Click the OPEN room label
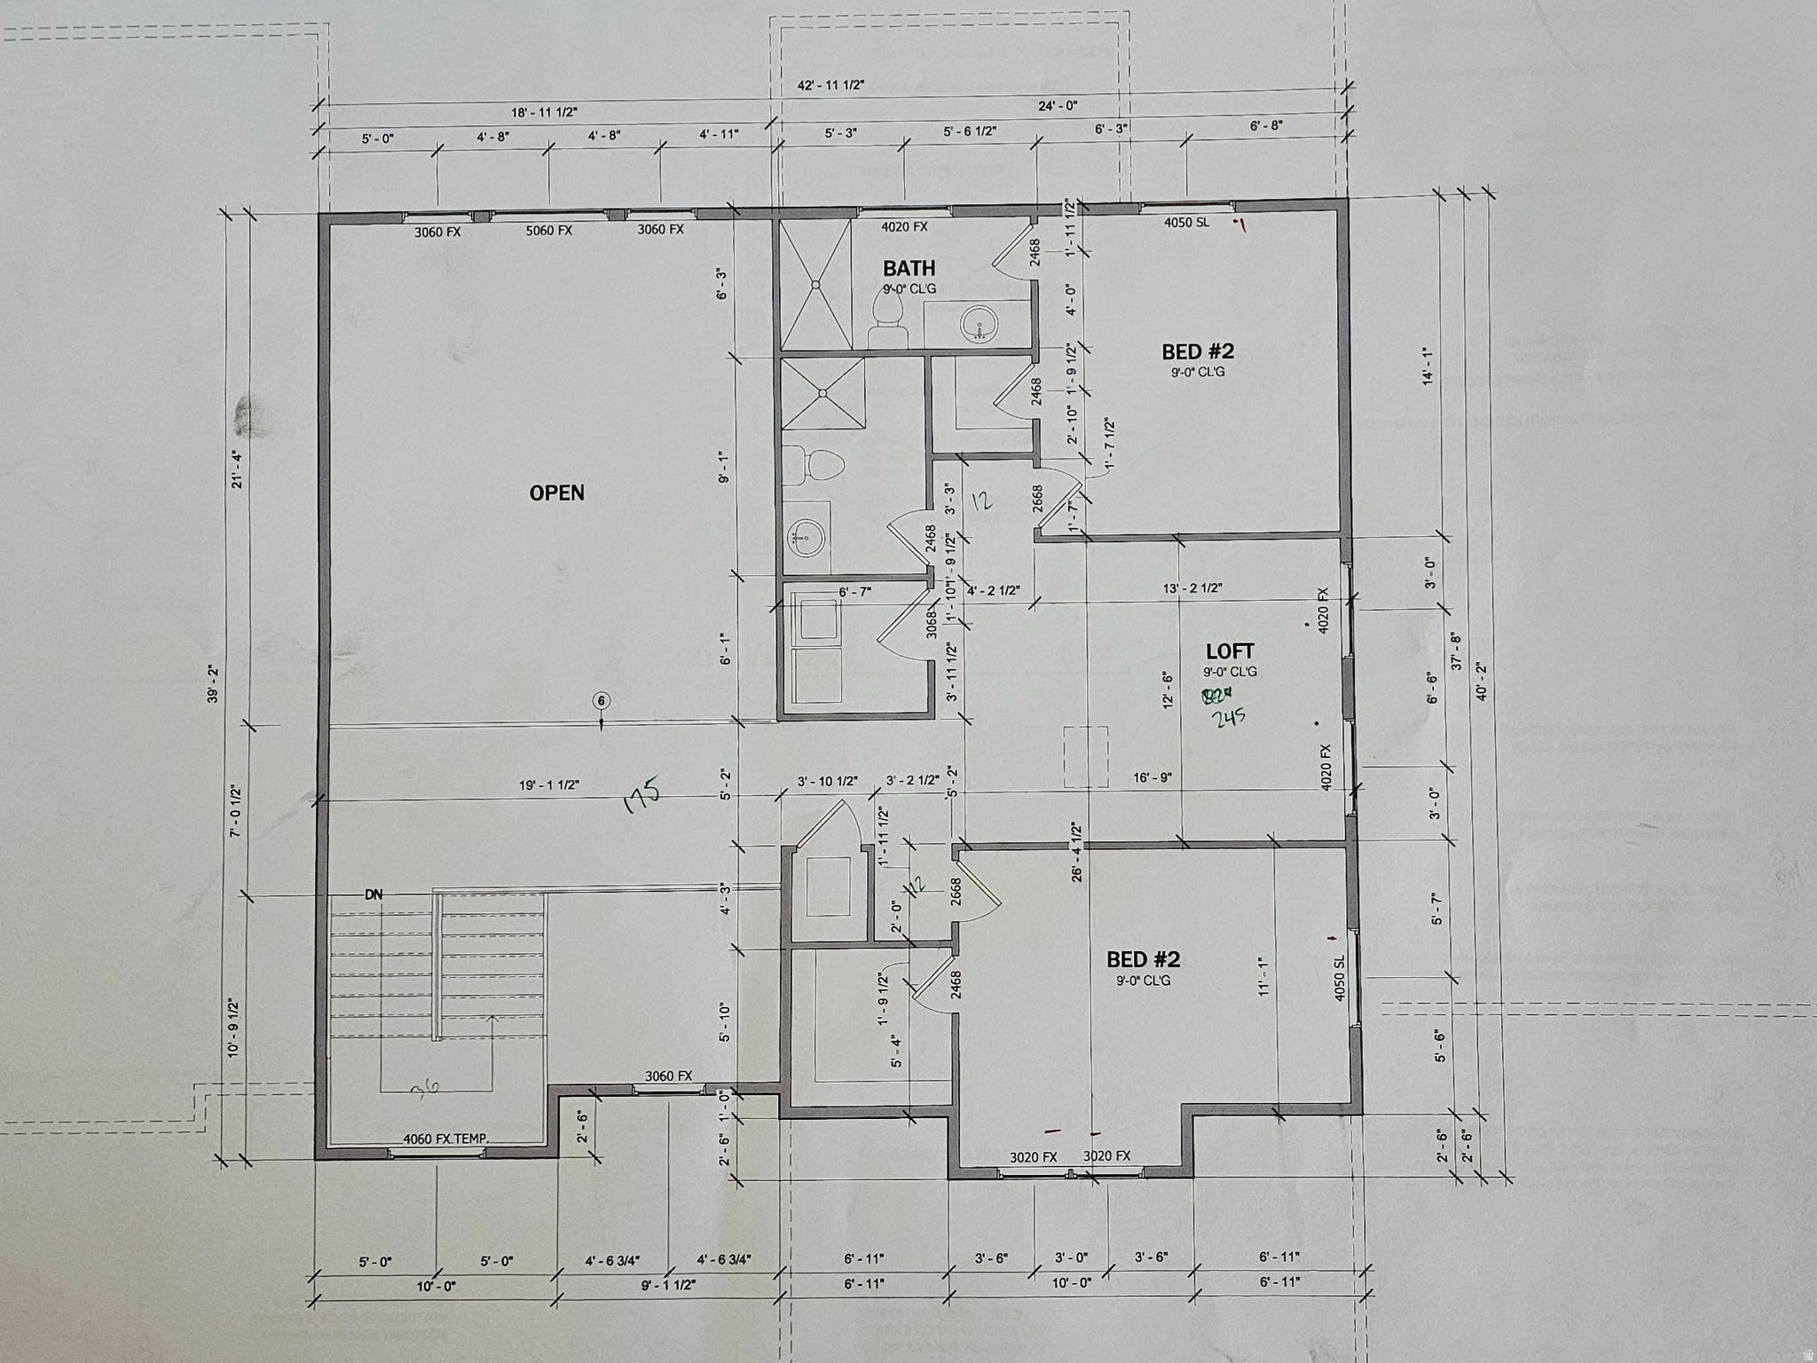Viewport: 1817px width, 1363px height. (x=556, y=493)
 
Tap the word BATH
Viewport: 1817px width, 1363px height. (x=908, y=268)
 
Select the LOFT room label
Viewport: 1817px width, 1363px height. (x=1230, y=651)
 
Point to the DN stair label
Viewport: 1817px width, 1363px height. (x=374, y=894)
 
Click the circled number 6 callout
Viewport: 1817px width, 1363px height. (x=602, y=701)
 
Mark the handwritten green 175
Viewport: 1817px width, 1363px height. (x=641, y=795)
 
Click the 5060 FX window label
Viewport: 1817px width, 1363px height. (x=548, y=231)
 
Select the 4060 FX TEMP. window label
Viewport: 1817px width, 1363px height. (x=445, y=1139)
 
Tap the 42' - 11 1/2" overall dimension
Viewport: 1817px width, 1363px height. (x=830, y=85)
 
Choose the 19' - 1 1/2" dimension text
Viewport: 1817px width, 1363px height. (x=549, y=785)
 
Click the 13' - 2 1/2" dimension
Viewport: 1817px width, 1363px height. (x=1192, y=587)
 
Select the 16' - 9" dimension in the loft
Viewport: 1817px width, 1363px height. (x=1152, y=777)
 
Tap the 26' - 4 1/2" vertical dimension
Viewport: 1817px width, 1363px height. (x=1076, y=851)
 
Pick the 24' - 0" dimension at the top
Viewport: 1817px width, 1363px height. (x=1058, y=106)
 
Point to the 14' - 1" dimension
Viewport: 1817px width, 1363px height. (x=1428, y=365)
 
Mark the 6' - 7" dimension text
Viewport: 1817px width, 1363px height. (x=855, y=592)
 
